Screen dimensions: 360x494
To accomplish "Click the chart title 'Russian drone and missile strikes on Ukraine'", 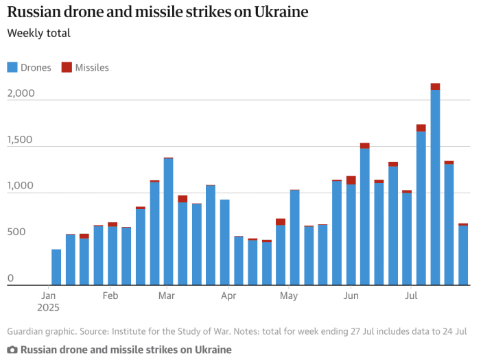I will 157,12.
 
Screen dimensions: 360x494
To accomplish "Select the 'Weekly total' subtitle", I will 38,33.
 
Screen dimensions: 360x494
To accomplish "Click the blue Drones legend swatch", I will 12,67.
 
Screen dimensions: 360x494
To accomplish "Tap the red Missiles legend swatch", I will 67,67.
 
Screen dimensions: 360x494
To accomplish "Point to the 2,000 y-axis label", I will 21,93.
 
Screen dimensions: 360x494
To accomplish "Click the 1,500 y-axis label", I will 21,140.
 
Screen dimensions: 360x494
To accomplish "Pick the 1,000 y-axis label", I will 21,186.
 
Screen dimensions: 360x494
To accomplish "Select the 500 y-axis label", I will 16,232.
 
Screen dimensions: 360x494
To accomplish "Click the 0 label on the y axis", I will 10,278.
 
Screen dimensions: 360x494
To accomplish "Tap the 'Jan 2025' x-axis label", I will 49,302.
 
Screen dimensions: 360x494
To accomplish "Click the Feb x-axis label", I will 110,296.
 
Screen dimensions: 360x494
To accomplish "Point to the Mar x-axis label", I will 166,296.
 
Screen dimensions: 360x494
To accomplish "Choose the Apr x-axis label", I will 228,296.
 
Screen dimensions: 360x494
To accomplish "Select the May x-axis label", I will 289,296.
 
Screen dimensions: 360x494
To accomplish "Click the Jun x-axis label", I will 350,296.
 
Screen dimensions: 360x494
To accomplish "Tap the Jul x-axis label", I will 412,296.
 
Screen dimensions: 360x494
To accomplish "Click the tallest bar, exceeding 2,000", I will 435,185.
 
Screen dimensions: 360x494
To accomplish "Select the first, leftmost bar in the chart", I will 56,267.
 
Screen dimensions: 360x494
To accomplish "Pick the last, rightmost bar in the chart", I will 463,254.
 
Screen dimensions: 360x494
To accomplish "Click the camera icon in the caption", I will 12,350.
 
